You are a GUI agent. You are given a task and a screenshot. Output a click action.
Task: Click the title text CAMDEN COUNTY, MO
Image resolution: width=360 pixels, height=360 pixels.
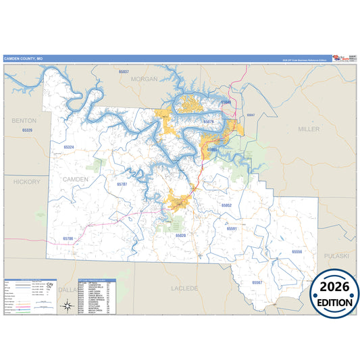pos(23,59)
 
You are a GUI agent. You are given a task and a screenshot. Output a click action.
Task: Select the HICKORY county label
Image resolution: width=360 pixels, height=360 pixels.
pos(26,182)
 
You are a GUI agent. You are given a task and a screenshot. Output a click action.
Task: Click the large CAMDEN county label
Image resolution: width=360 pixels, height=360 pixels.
pos(75,179)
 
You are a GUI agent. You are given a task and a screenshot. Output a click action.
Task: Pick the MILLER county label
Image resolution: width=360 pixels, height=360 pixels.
pos(309,128)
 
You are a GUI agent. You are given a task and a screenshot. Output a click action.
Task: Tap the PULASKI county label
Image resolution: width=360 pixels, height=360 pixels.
pos(336,257)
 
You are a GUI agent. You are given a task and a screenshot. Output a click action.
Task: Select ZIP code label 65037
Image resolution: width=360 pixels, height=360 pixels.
pos(123,71)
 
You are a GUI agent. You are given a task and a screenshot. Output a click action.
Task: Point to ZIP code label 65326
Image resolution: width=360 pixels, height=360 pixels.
pos(27,129)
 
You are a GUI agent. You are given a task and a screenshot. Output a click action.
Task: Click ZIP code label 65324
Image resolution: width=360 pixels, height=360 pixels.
pos(68,147)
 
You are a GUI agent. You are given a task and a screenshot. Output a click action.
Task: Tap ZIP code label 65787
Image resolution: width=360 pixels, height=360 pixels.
pos(122,184)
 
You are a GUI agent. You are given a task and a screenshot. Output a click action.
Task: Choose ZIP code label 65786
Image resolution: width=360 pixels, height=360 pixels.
pos(68,238)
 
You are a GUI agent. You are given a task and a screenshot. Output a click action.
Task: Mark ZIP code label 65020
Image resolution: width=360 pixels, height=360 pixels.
pos(180,235)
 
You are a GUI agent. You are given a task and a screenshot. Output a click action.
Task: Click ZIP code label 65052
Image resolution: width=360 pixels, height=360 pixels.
pos(227,205)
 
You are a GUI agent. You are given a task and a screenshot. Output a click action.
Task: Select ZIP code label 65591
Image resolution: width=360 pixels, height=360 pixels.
pos(232,229)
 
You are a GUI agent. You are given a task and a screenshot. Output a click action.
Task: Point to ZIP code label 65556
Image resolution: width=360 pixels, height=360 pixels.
pos(297,251)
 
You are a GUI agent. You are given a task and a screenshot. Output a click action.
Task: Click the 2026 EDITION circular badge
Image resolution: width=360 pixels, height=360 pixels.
pos(334,294)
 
